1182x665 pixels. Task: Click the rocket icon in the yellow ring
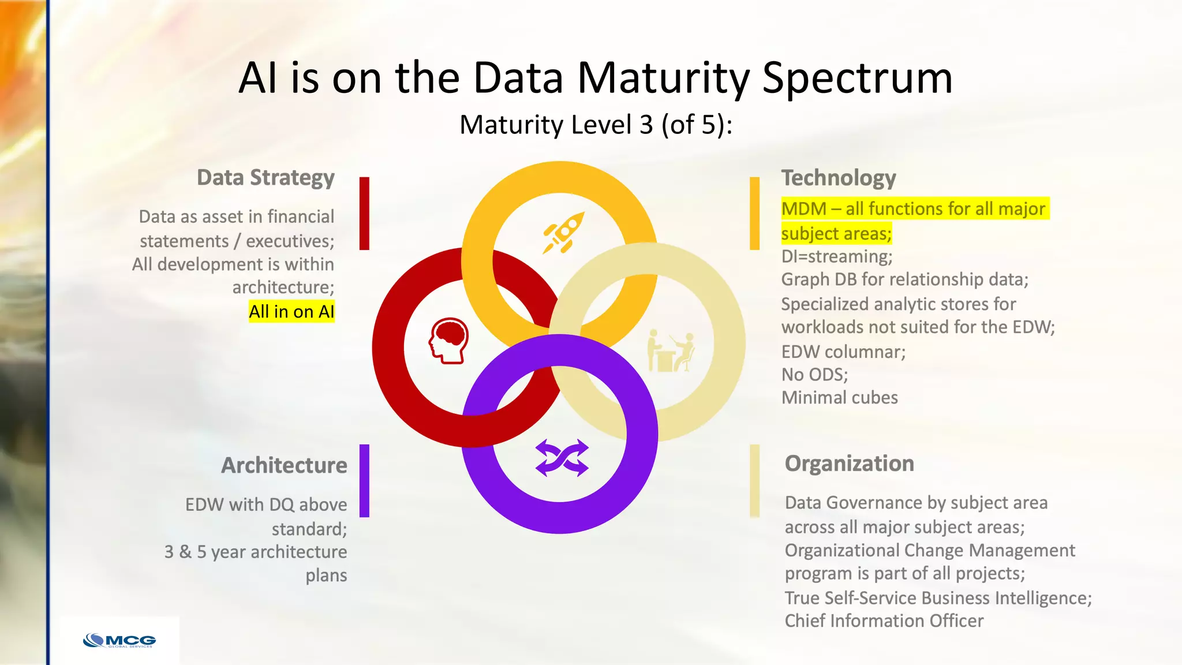click(563, 232)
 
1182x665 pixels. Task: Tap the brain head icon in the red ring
click(448, 341)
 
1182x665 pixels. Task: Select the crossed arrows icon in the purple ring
click(562, 458)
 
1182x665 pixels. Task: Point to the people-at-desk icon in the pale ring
click(671, 351)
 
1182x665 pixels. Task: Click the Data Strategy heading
click(265, 178)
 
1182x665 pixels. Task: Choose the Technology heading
click(838, 178)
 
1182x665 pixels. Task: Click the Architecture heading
click(284, 465)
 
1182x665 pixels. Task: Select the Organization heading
click(849, 464)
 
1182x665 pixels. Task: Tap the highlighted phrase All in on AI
click(291, 312)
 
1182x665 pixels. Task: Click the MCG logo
click(119, 641)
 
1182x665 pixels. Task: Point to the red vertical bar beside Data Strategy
click(364, 213)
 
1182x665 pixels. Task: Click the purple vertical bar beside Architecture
click(364, 480)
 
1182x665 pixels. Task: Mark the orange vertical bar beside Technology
click(754, 213)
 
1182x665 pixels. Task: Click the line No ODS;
click(814, 375)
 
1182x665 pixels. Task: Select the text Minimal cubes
click(839, 398)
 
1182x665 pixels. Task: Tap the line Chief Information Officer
click(884, 621)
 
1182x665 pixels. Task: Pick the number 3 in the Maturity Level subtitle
click(646, 125)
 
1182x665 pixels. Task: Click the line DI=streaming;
click(836, 256)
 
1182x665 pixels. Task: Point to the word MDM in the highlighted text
click(803, 208)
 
